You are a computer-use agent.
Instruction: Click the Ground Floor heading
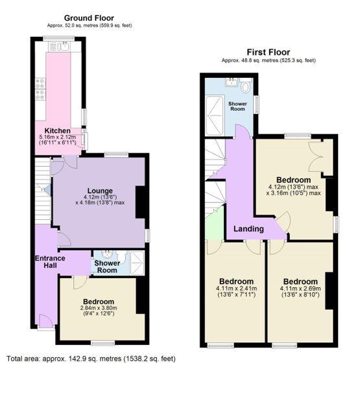coord(89,18)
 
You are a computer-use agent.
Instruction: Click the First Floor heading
coord(269,53)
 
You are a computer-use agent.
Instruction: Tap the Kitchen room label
coord(58,131)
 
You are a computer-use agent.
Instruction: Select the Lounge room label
coord(100,191)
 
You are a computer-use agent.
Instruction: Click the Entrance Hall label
coord(50,262)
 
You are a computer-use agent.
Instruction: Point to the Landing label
coord(248,229)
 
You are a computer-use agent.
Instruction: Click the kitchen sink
coord(64,47)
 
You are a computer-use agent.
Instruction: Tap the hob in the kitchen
coord(41,89)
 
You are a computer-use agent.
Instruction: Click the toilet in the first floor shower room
coord(246,86)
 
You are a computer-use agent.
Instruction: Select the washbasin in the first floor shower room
coord(232,82)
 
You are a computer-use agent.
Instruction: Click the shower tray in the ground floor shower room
coord(138,263)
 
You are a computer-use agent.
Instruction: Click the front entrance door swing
coord(47,322)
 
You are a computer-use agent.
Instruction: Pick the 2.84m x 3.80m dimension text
coord(99,308)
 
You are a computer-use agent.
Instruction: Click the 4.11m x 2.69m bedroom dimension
coord(300,288)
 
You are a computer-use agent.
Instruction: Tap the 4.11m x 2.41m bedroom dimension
coord(236,288)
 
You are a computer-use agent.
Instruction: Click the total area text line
coord(91,359)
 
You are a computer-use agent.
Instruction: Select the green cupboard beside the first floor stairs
coord(215,224)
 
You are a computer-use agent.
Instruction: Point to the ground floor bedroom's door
coord(80,283)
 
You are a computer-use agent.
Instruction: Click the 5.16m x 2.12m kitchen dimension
coord(58,137)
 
